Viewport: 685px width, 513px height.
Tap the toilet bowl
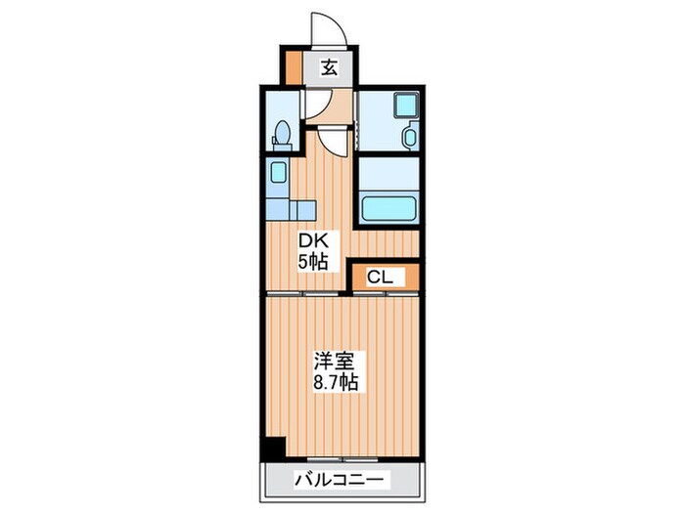click(x=282, y=130)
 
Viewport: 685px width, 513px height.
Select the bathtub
click(x=388, y=208)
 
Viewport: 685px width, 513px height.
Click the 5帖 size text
click(x=312, y=261)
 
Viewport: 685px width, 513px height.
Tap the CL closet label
click(x=380, y=278)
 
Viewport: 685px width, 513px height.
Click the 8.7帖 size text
click(x=335, y=381)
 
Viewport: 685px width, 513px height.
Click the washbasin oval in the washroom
click(x=410, y=138)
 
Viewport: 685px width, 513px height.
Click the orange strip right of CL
click(x=411, y=278)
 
